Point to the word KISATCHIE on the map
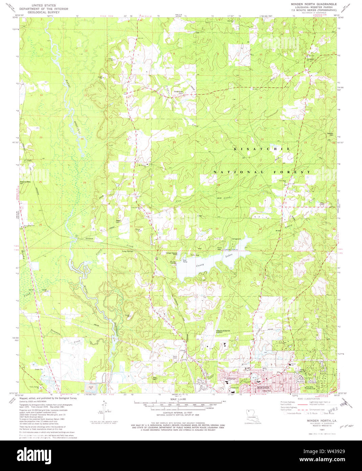tap(262, 149)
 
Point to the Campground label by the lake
tap(236, 239)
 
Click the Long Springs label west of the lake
tap(128, 251)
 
